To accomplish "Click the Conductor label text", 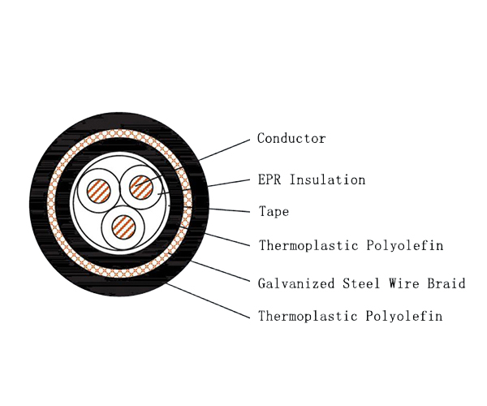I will click(291, 139).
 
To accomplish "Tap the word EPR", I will click(271, 179).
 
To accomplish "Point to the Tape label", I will click(274, 212).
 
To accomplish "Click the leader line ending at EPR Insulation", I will click(211, 185).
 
